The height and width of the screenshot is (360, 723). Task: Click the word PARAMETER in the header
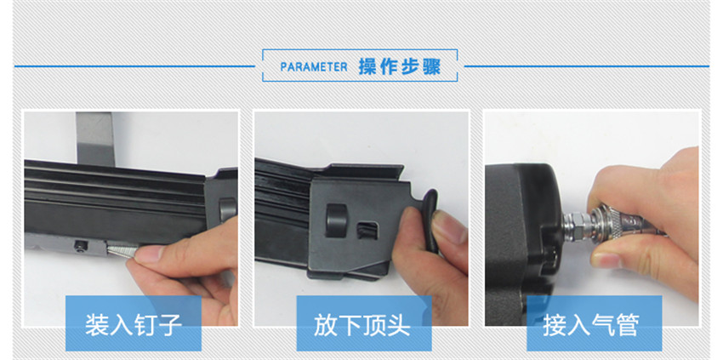tap(314, 67)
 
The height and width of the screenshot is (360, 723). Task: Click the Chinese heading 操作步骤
tap(400, 67)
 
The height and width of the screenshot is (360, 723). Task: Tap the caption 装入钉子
tap(134, 325)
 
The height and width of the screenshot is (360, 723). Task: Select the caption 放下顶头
tap(362, 325)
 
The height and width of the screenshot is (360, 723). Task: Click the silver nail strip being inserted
tap(122, 250)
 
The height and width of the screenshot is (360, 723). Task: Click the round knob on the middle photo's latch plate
tap(336, 220)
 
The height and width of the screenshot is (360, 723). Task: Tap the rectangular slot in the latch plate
tap(368, 230)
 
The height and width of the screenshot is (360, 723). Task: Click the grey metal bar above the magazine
tap(96, 139)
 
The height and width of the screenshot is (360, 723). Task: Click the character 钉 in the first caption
tap(134, 325)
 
